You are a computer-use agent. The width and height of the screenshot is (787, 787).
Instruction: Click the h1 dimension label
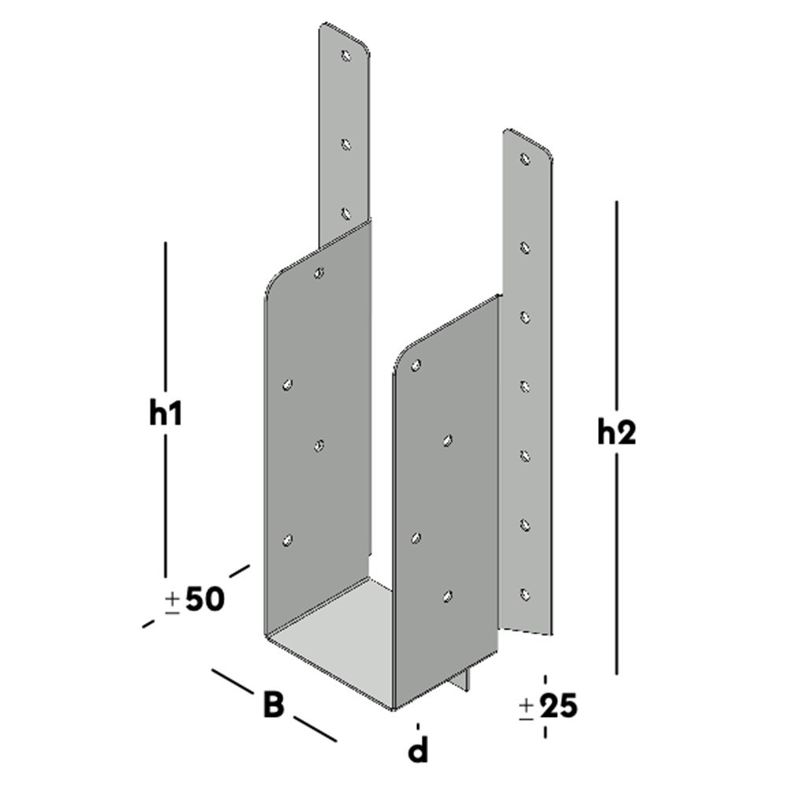pos(166,414)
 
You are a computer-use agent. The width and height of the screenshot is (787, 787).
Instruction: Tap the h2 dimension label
pos(616,432)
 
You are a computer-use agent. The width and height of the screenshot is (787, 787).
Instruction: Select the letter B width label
pos(272,705)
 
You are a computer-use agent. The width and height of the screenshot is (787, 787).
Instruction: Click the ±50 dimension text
pos(195,600)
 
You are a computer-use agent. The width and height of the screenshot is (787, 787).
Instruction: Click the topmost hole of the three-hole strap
pos(345,56)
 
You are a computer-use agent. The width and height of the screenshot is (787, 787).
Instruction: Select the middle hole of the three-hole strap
pos(345,144)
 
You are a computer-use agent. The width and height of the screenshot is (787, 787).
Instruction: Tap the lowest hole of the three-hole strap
pos(345,212)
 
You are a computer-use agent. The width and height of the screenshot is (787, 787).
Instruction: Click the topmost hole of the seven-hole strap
pos(525,159)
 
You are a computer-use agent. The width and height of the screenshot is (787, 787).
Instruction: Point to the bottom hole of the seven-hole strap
pos(525,593)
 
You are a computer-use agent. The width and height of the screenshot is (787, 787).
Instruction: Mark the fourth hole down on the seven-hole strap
pos(525,386)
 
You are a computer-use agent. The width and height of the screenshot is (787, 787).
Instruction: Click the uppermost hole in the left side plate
pos(318,273)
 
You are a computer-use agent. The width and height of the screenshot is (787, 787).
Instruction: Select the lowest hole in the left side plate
pos(287,540)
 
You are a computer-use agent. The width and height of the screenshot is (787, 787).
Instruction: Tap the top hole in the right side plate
pos(416,365)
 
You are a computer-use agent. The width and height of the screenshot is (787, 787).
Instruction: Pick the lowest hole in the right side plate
pos(447,597)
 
